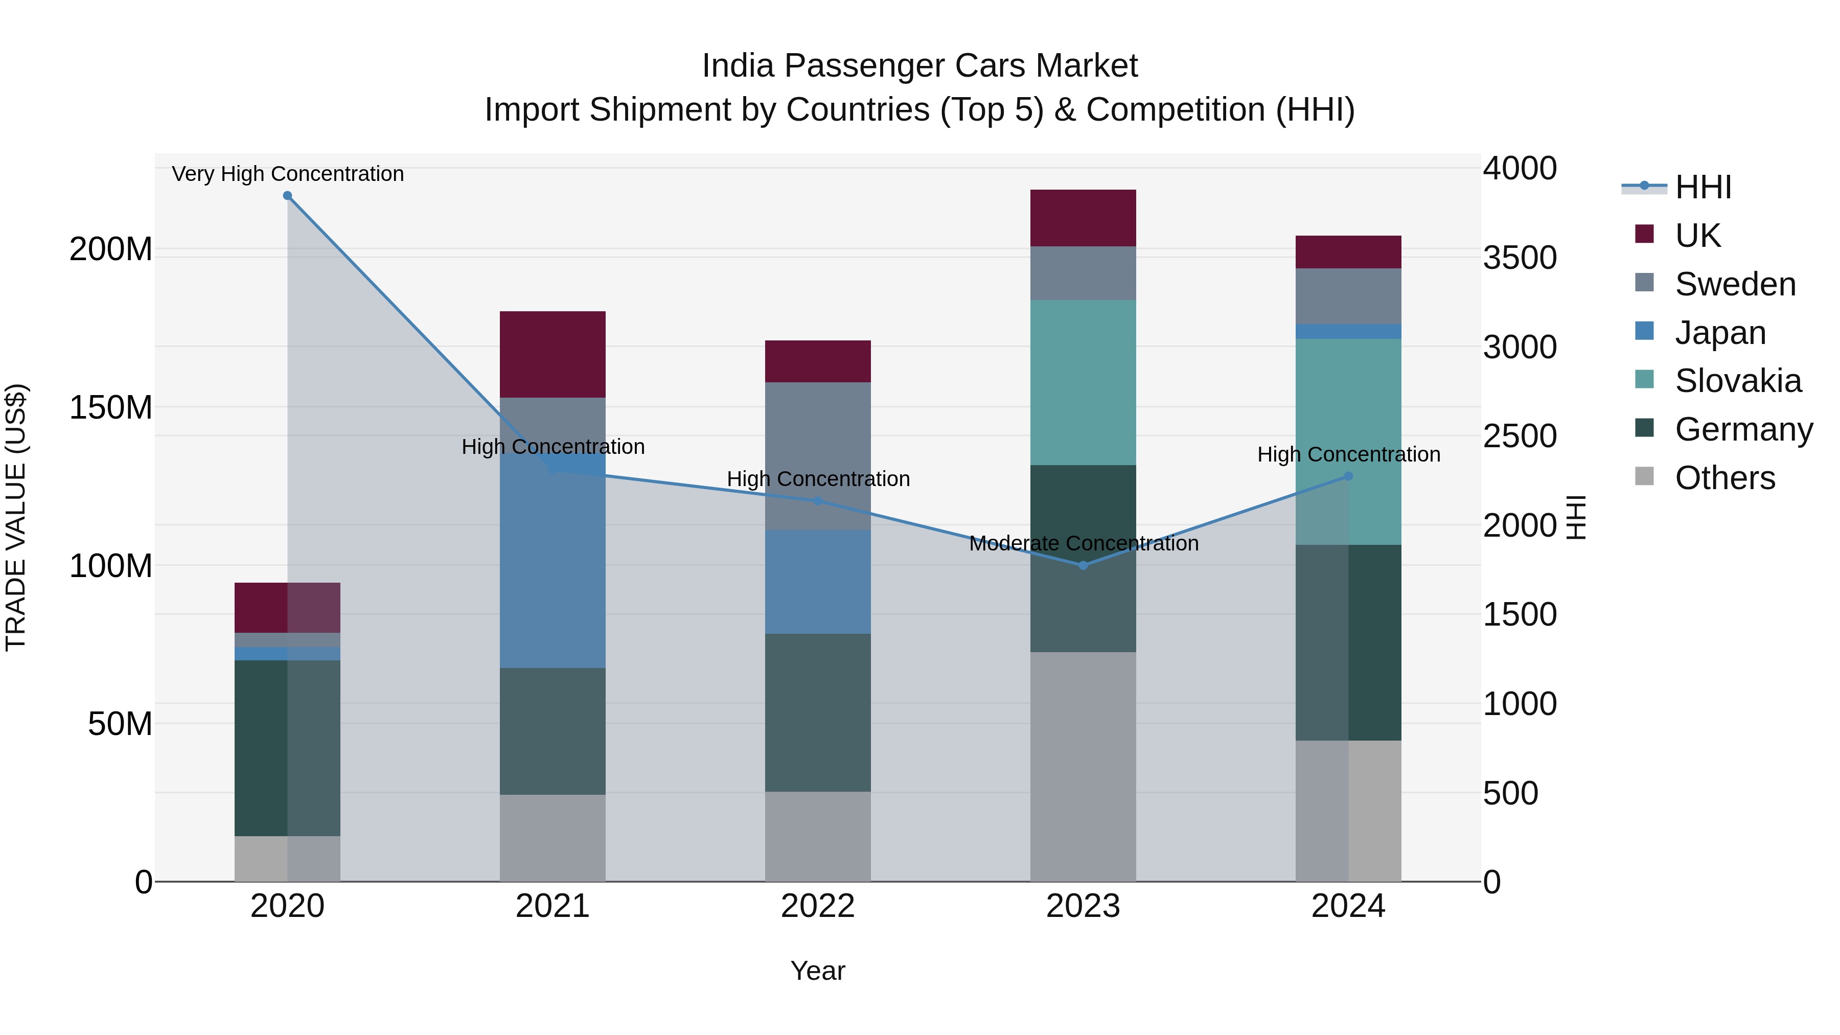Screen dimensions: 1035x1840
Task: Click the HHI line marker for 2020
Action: coord(287,196)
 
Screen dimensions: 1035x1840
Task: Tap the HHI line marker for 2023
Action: coord(1083,565)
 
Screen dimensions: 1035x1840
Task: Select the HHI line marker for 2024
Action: coord(1348,476)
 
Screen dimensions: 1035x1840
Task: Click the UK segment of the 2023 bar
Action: coord(1083,218)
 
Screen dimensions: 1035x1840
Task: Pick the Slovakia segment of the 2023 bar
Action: coord(1083,382)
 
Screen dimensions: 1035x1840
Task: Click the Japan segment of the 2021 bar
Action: coord(552,564)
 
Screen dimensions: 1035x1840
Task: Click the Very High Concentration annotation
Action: coord(288,174)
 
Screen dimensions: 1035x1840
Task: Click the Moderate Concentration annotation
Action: coord(1084,544)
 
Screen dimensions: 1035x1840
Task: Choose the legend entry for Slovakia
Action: coord(1737,381)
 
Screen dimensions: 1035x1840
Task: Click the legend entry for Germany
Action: coord(1743,429)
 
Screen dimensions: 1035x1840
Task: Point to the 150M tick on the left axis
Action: coord(111,408)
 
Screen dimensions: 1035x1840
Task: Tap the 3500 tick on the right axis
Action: coord(1520,258)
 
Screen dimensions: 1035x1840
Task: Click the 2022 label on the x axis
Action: coord(818,906)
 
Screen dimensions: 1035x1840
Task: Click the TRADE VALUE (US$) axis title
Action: coord(16,517)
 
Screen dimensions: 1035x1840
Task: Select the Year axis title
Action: coord(818,971)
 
